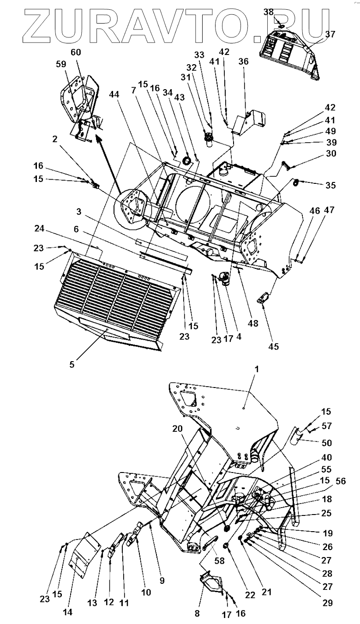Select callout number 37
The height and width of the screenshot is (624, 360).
330,34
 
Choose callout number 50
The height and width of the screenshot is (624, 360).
326,442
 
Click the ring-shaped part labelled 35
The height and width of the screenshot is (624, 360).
295,181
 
